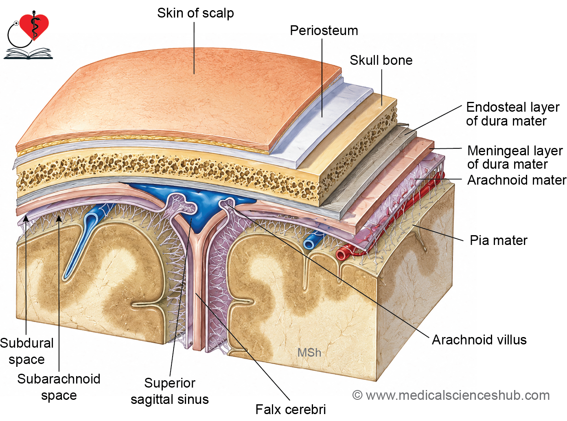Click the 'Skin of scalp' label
pyautogui.click(x=195, y=13)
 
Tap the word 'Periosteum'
pyautogui.click(x=324, y=31)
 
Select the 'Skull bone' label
pyautogui.click(x=381, y=60)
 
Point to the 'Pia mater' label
pyautogui.click(x=499, y=240)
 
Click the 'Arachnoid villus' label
pyautogui.click(x=479, y=340)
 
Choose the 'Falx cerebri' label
pyautogui.click(x=291, y=410)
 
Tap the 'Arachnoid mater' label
pyautogui.click(x=517, y=180)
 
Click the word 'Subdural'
pyautogui.click(x=27, y=343)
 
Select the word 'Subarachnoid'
pyautogui.click(x=59, y=379)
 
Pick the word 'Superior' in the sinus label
pyautogui.click(x=169, y=384)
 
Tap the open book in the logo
pyautogui.click(x=28, y=53)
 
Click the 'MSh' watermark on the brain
pyautogui.click(x=309, y=353)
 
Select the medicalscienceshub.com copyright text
pyautogui.click(x=451, y=395)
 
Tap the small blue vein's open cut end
pyautogui.click(x=309, y=243)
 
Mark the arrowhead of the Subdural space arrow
pyautogui.click(x=26, y=218)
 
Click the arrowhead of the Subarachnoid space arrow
pyautogui.click(x=59, y=218)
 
